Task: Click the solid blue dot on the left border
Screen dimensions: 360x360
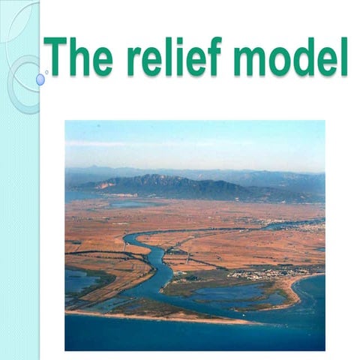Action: point(40,79)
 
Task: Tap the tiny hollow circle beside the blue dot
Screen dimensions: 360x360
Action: point(47,73)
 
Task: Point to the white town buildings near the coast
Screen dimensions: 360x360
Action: point(259,274)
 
